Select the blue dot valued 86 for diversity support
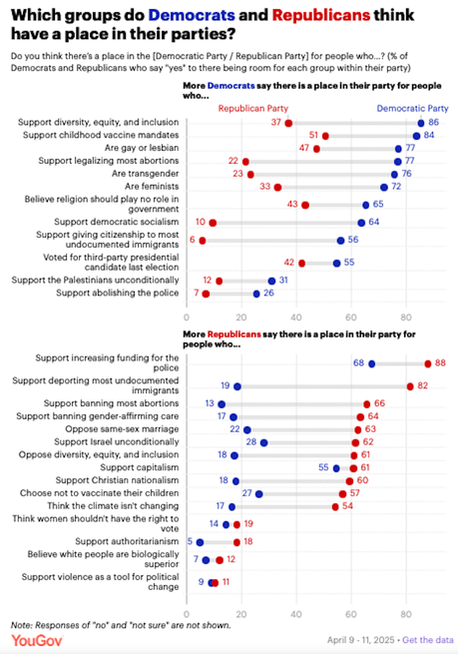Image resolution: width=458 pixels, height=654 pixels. click(420, 123)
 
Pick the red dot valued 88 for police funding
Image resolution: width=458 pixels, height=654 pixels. click(427, 364)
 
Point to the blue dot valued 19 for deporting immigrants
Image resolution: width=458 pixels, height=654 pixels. click(236, 385)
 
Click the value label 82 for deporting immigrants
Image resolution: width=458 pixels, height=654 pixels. click(423, 385)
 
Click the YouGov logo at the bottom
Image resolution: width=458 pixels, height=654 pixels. click(33, 639)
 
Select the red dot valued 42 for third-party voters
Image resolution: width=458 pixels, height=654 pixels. click(301, 264)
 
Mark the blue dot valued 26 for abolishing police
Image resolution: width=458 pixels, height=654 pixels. click(256, 294)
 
